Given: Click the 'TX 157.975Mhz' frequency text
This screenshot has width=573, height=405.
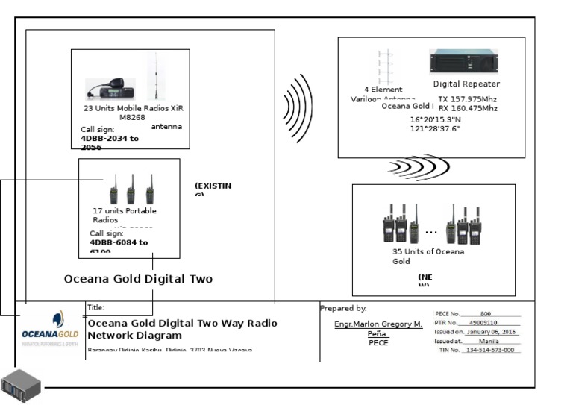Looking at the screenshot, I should coord(467,98).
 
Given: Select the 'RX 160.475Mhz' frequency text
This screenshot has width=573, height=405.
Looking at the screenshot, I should coord(467,108).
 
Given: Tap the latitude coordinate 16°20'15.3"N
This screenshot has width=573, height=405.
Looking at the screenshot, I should coord(435,119).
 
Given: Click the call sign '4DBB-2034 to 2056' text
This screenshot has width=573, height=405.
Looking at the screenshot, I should coord(109,142).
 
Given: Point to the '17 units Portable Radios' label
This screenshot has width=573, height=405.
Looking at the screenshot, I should coord(124,216).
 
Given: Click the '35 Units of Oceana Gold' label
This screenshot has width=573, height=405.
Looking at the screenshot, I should coord(428,256).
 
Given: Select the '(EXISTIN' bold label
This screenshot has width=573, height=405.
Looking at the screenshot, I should coord(213,186).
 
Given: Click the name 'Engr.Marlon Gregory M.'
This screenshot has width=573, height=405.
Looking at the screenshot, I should coord(378,324).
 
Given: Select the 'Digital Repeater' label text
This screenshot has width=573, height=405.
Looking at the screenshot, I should coord(466,84).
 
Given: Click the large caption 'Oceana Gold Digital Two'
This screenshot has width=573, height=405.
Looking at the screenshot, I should coord(138,279).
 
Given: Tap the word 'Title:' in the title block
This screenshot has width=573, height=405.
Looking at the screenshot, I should coord(96,307).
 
